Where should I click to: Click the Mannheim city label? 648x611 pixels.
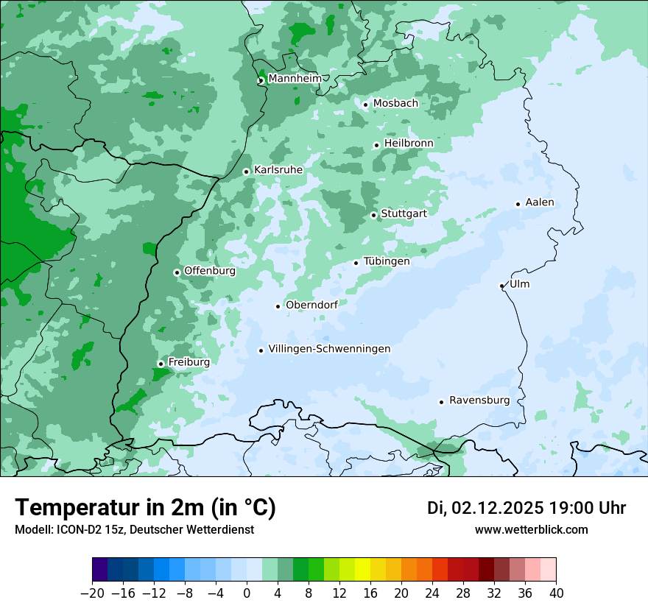[294, 79]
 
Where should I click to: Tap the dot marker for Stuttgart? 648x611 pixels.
[374, 215]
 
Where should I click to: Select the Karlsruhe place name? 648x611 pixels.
[278, 170]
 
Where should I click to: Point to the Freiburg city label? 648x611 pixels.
[189, 362]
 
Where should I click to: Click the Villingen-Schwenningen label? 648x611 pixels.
[329, 349]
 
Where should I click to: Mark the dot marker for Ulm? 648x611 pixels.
[502, 286]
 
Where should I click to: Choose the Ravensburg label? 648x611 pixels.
[479, 400]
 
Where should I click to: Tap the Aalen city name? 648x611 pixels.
[539, 202]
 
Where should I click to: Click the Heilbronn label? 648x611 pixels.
[408, 143]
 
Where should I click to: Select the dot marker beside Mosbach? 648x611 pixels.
[365, 105]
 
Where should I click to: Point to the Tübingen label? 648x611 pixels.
[386, 261]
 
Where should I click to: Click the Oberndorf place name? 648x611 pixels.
[311, 305]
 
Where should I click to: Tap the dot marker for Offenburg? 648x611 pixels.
[177, 272]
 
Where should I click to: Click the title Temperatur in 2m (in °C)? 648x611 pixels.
[145, 507]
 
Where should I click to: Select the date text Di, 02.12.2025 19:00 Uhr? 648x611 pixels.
[526, 508]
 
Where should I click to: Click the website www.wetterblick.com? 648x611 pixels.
[531, 529]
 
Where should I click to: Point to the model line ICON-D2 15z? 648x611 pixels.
[134, 529]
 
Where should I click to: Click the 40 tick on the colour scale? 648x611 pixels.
[556, 593]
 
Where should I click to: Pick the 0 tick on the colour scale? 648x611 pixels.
[247, 593]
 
